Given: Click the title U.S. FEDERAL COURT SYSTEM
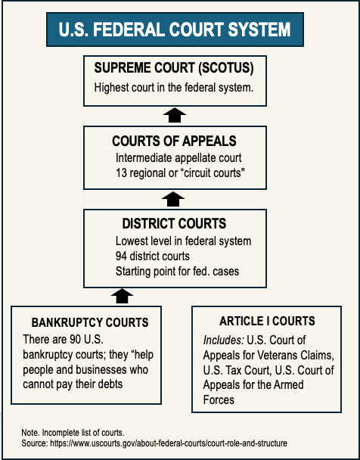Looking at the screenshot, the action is point(175,30).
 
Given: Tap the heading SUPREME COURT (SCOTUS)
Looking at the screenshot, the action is point(174,68).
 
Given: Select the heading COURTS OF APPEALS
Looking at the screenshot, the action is point(174,141).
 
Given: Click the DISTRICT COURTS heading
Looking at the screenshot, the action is point(174,223).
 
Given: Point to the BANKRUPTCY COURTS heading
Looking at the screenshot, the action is point(90,322).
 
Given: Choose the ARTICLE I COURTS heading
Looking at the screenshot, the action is point(267,321).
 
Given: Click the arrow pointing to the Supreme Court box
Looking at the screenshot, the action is point(175,115).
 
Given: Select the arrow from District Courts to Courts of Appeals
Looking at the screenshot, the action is point(173,199).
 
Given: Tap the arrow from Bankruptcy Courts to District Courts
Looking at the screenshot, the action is point(122,296).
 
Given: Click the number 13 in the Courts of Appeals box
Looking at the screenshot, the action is point(121,173).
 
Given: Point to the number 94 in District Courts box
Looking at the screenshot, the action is point(121,256).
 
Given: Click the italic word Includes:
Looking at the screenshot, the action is point(224,340).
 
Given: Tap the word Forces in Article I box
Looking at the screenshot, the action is point(219,400).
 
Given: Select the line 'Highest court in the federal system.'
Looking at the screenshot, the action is point(173,88).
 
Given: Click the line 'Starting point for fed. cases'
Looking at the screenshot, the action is point(178,272).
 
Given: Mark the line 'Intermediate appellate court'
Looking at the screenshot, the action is point(178,158).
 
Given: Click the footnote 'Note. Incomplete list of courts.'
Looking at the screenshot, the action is point(73,433).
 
